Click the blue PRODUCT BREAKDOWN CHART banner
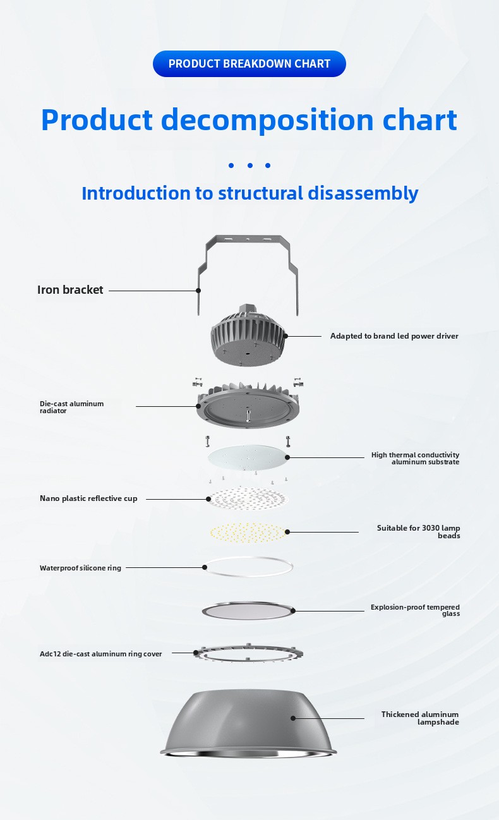pyautogui.click(x=249, y=64)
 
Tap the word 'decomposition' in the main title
pyautogui.click(x=267, y=120)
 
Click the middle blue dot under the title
pyautogui.click(x=250, y=166)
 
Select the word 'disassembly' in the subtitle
pyautogui.click(x=363, y=193)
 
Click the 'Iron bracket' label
pyautogui.click(x=70, y=290)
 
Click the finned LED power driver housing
pyautogui.click(x=248, y=335)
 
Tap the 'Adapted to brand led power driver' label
pyautogui.click(x=394, y=336)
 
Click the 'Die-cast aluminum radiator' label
pyautogui.click(x=72, y=407)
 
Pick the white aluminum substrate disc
pyautogui.click(x=248, y=457)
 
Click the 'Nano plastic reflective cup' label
pyautogui.click(x=88, y=498)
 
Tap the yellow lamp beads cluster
pyautogui.click(x=248, y=533)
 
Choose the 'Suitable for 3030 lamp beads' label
pyautogui.click(x=418, y=531)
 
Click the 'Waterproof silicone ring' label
pyautogui.click(x=80, y=568)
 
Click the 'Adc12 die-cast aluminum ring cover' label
pyautogui.click(x=100, y=654)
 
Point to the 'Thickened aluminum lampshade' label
pyautogui.click(x=420, y=718)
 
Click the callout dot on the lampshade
pyautogui.click(x=293, y=718)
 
